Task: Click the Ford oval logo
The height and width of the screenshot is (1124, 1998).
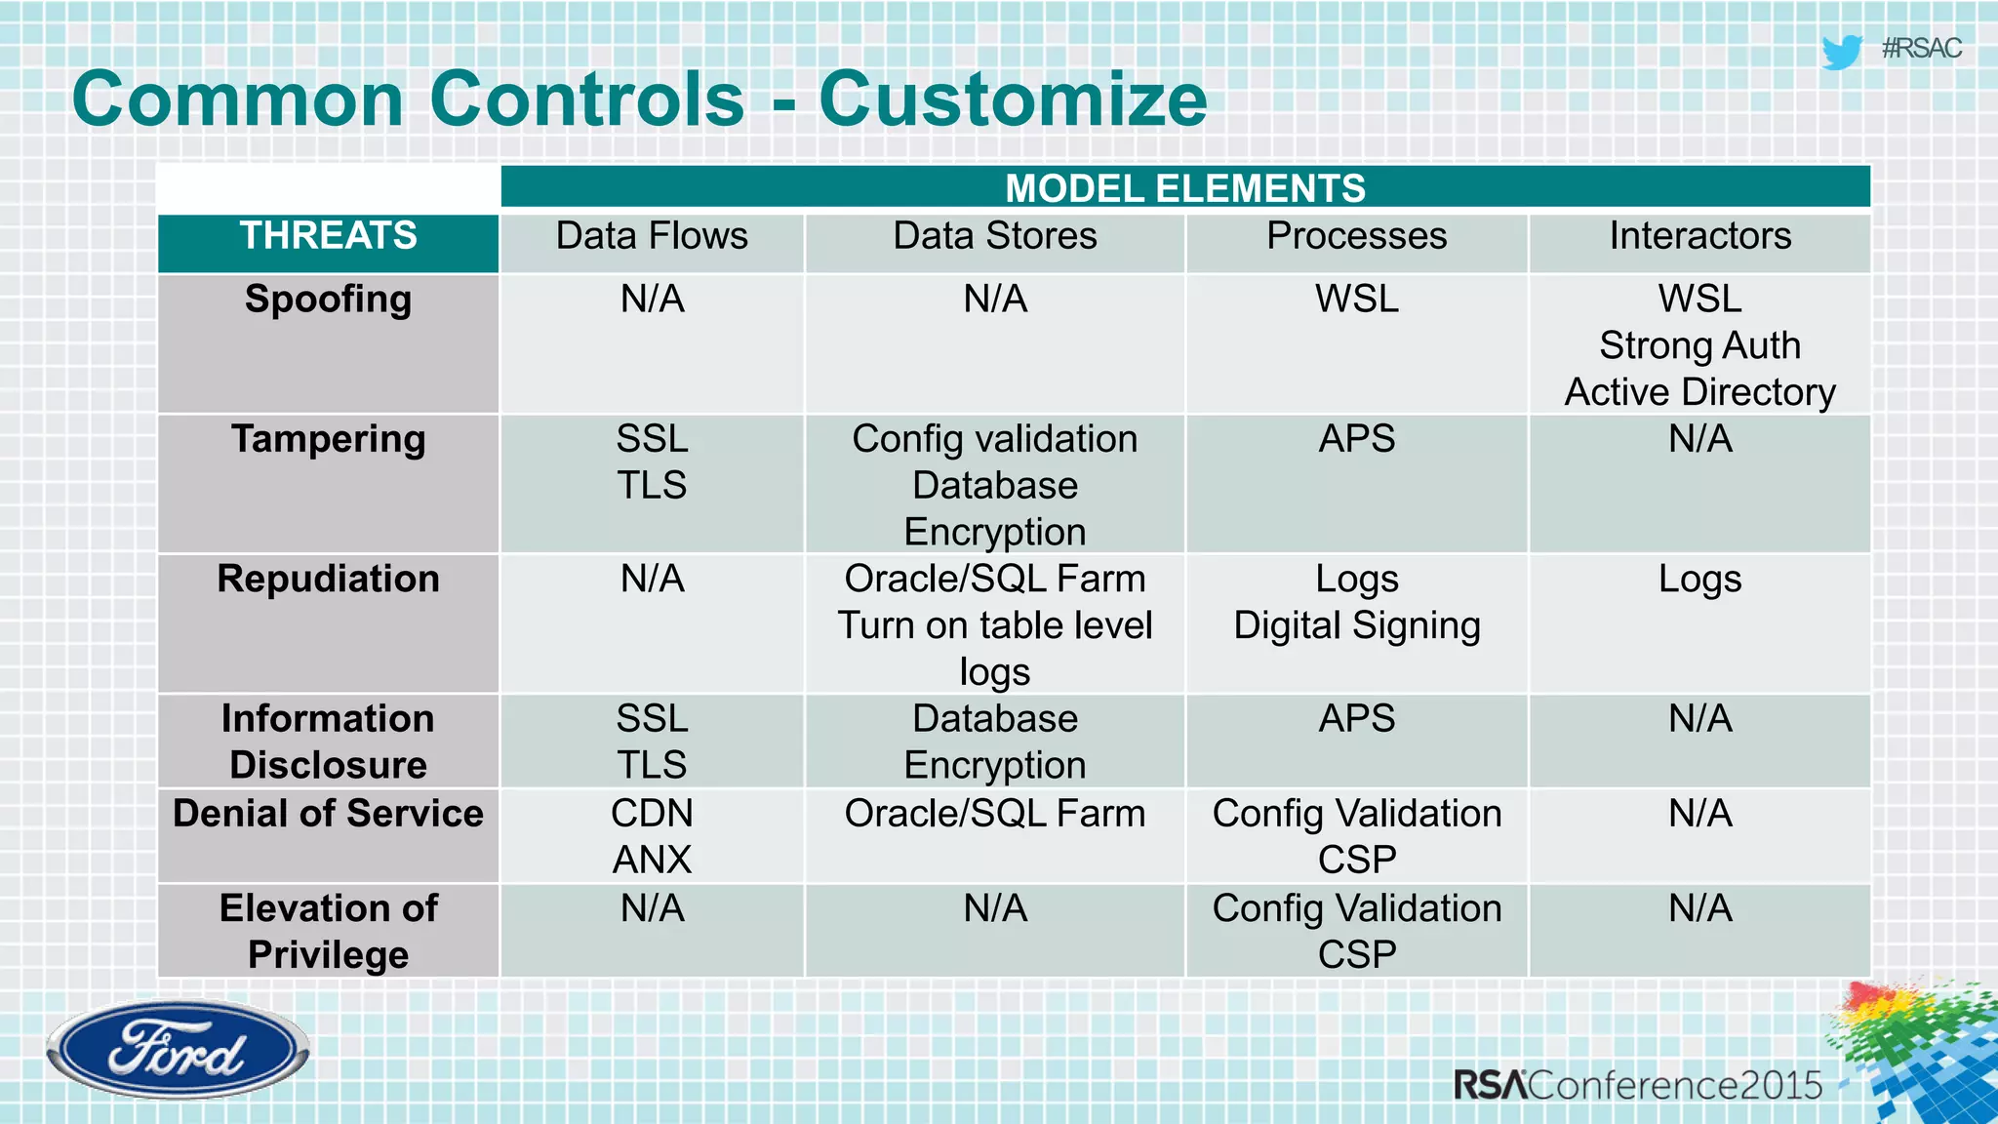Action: click(178, 1050)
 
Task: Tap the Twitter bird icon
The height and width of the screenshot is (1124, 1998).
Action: click(1841, 51)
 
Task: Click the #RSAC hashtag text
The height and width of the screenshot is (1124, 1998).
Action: click(1921, 49)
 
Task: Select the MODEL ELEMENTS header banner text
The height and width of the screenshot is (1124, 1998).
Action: click(1184, 187)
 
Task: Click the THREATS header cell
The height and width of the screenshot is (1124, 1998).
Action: click(328, 236)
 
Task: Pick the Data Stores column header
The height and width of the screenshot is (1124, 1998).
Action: click(994, 236)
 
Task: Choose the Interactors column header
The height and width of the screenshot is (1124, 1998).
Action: click(1699, 236)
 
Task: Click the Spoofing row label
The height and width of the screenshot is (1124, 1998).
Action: click(328, 300)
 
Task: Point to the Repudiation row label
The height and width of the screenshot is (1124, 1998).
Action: click(328, 580)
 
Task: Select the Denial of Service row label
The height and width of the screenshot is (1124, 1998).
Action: click(328, 814)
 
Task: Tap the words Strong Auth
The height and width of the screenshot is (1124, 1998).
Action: click(1699, 345)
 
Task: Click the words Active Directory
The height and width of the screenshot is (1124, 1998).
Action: click(1699, 392)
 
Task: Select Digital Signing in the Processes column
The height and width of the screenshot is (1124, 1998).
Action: click(1356, 626)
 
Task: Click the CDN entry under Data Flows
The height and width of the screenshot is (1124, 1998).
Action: click(652, 814)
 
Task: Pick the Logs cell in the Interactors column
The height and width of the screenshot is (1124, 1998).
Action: click(1699, 580)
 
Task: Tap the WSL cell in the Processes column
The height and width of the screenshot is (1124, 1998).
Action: click(1356, 300)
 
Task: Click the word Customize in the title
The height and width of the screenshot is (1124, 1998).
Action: click(1013, 100)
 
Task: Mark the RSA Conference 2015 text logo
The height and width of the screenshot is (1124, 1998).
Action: click(1637, 1085)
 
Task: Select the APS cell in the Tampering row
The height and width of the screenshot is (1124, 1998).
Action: click(1356, 439)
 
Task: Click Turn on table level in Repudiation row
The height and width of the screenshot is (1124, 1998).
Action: click(994, 626)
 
